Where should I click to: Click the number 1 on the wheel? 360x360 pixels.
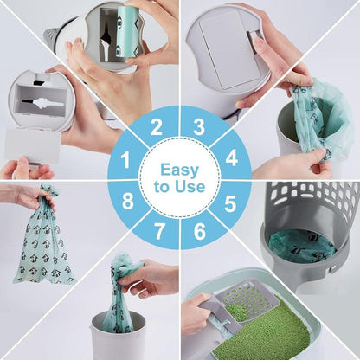[125, 160]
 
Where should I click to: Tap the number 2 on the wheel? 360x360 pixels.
[156, 128]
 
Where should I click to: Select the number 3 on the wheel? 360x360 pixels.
[199, 128]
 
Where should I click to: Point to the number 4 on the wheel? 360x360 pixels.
[231, 160]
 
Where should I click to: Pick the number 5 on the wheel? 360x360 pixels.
[231, 203]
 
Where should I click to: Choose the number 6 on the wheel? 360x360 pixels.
[199, 234]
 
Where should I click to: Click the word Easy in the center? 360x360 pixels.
[179, 170]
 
